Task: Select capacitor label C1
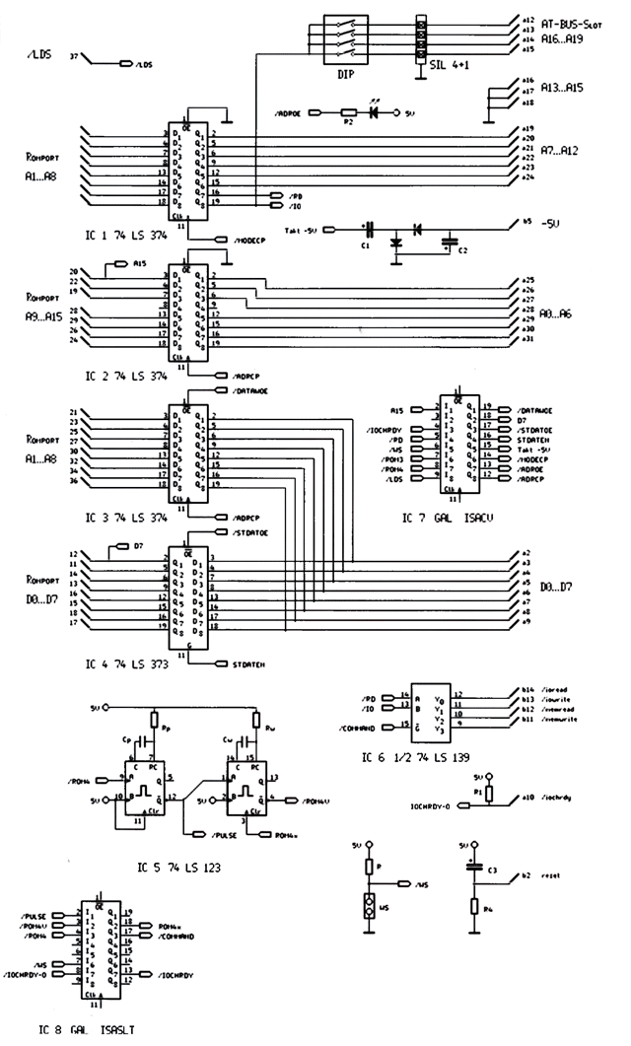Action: (x=364, y=246)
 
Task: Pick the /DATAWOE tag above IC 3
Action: (x=252, y=390)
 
